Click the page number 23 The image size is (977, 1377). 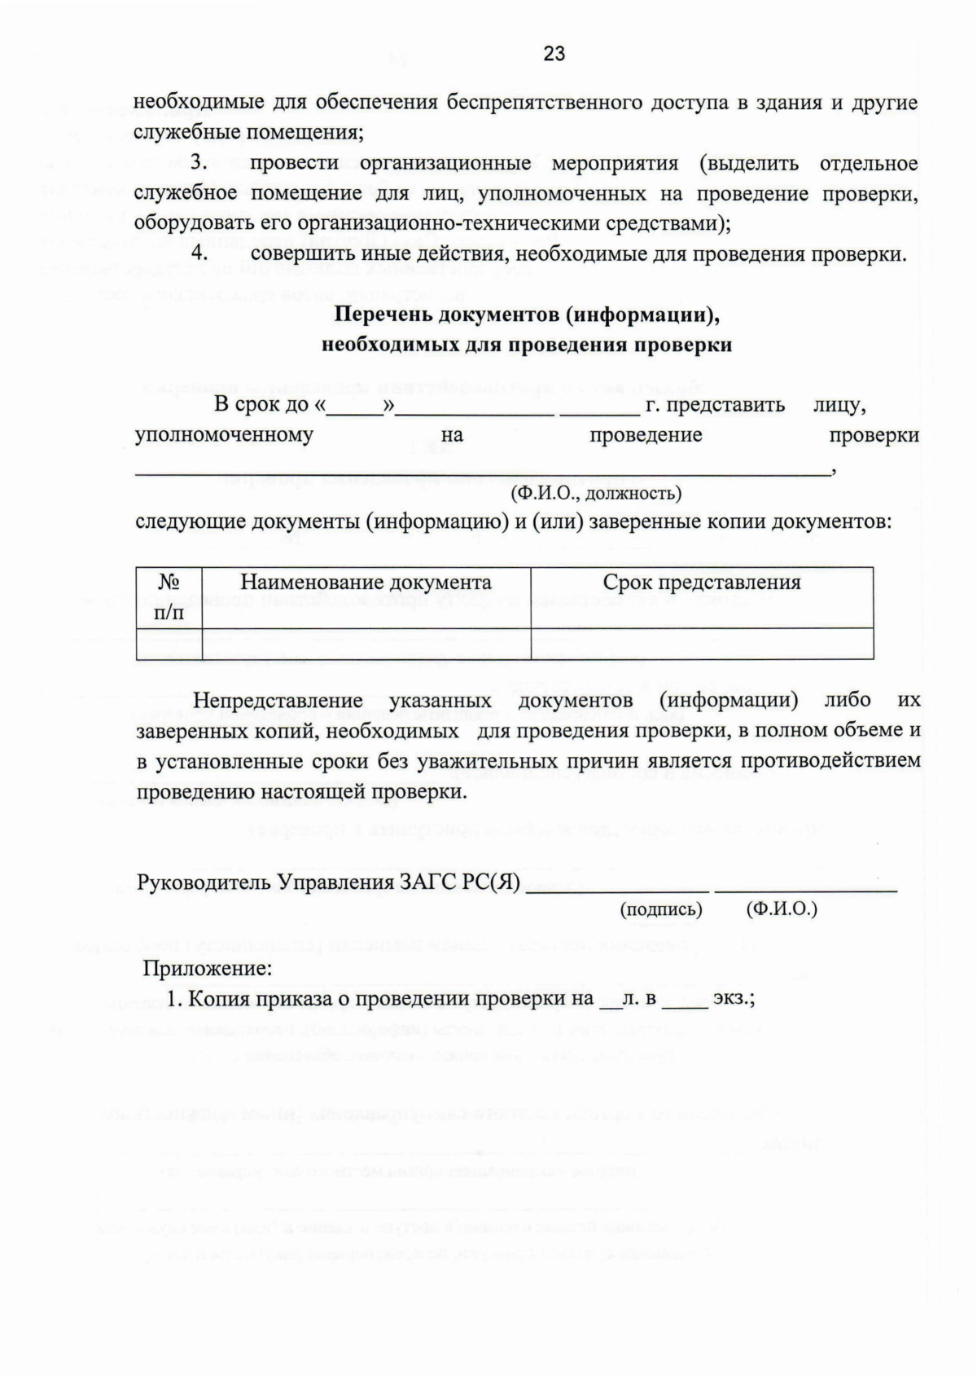[554, 54]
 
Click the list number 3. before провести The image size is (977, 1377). [200, 163]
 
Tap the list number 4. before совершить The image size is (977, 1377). [200, 253]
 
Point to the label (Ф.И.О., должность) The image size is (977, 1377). [596, 493]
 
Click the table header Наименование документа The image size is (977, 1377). [366, 583]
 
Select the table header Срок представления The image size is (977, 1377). [701, 583]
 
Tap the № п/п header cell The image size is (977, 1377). [169, 597]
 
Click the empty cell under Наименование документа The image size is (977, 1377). [366, 644]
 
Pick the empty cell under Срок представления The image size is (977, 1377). [701, 644]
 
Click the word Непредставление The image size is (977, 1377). [278, 701]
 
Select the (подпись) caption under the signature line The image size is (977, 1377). [661, 909]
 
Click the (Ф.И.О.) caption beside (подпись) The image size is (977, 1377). [781, 909]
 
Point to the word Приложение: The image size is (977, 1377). [208, 969]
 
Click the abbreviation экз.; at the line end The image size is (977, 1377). [734, 998]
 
